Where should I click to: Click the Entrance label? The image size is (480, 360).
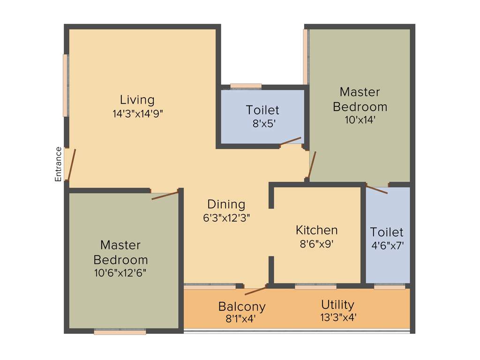58,164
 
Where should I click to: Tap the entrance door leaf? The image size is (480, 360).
71,165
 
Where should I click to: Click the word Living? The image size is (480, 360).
137,100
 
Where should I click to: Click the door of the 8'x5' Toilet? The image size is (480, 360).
290,142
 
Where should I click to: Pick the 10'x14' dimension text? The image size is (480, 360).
360,120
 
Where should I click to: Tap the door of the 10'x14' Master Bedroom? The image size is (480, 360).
312,165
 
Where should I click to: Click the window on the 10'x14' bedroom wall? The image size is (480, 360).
306,56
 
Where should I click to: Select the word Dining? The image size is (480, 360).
226,204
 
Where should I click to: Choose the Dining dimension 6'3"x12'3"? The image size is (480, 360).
226,217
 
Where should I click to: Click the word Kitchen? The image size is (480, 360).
316,230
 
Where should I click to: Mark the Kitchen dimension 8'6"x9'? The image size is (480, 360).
316,244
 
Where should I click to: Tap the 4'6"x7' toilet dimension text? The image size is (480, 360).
387,245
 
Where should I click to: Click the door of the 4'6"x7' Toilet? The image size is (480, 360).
376,189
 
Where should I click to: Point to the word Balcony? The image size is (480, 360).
242,307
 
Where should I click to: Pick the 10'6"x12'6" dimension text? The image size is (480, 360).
120,273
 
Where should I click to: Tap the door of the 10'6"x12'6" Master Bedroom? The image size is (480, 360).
165,195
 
